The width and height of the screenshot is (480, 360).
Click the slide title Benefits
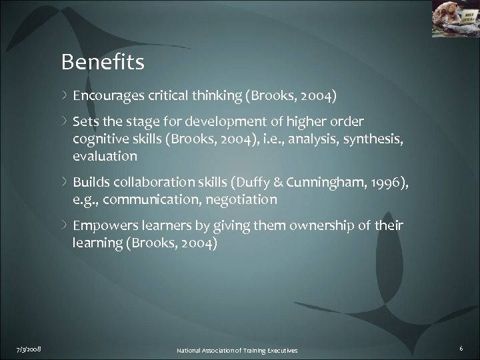tap(103, 63)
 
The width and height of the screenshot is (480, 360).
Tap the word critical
tap(167, 95)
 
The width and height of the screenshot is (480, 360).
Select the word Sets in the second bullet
tap(85, 121)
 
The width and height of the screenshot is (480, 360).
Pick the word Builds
tap(89, 184)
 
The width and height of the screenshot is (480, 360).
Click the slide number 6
tap(462, 348)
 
